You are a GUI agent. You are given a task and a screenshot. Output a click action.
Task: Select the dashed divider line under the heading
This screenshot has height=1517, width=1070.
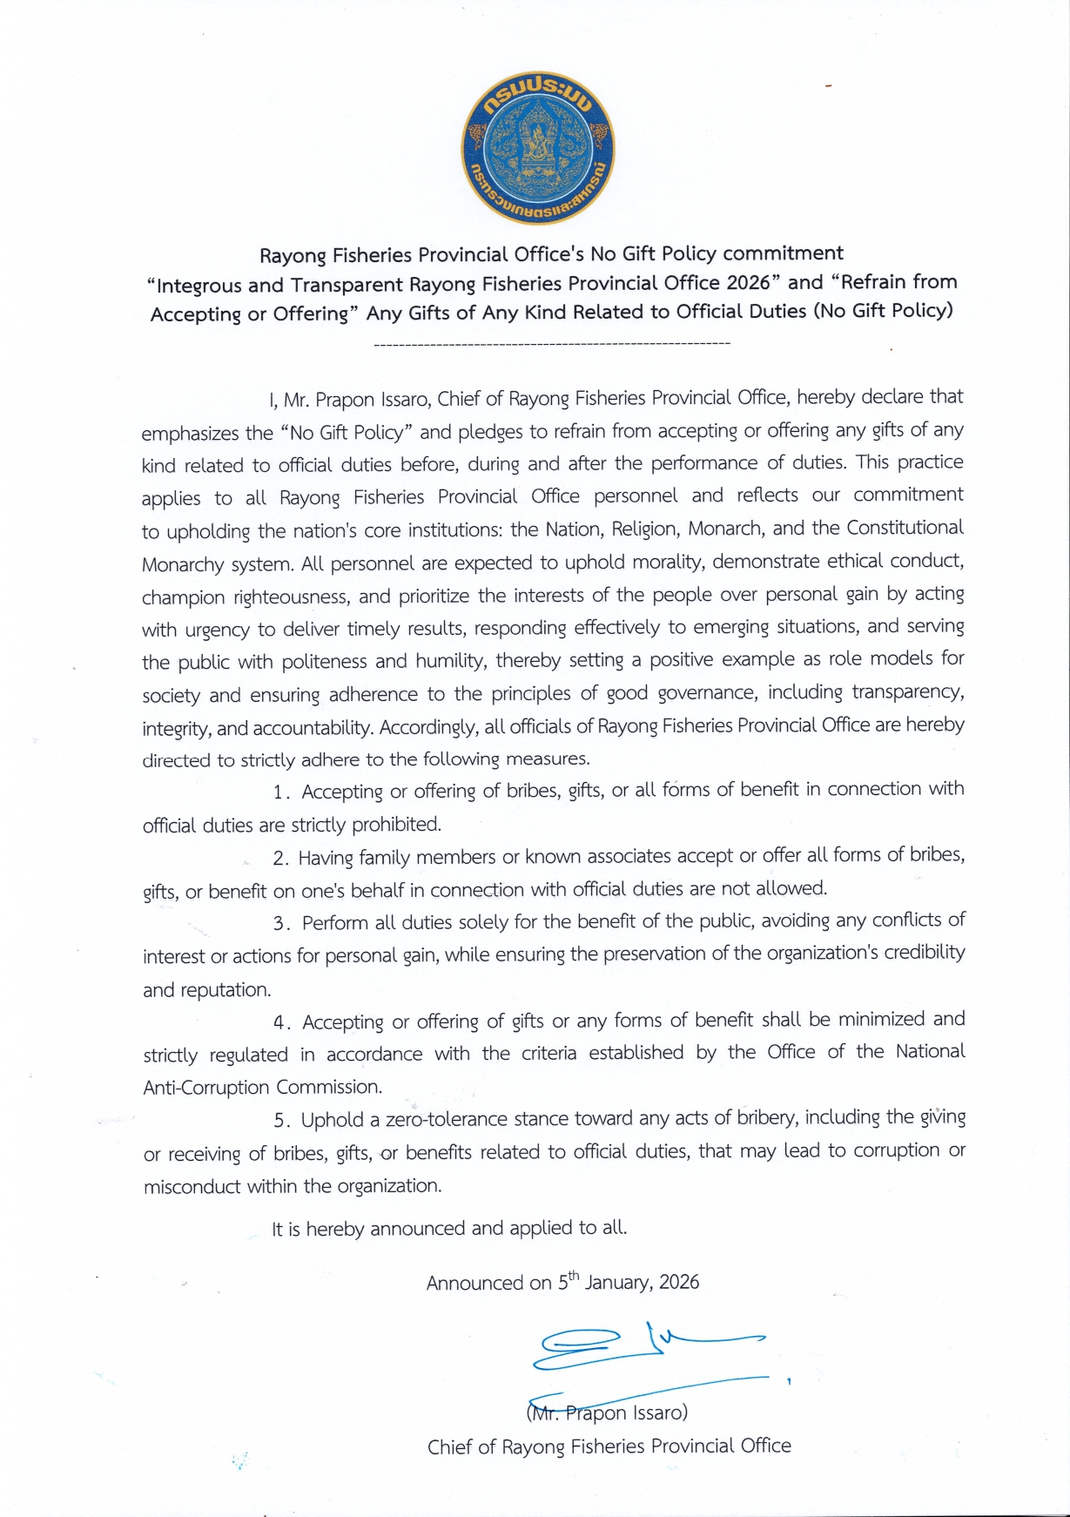[x=551, y=346]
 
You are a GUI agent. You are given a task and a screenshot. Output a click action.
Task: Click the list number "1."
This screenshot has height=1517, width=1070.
[x=280, y=792]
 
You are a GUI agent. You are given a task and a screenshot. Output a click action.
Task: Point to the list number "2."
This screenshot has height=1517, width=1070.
[x=280, y=859]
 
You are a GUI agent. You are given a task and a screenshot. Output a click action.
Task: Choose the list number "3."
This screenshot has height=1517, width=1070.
[x=280, y=923]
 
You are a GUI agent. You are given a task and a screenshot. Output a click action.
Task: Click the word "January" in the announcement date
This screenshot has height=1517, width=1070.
[x=617, y=1283]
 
